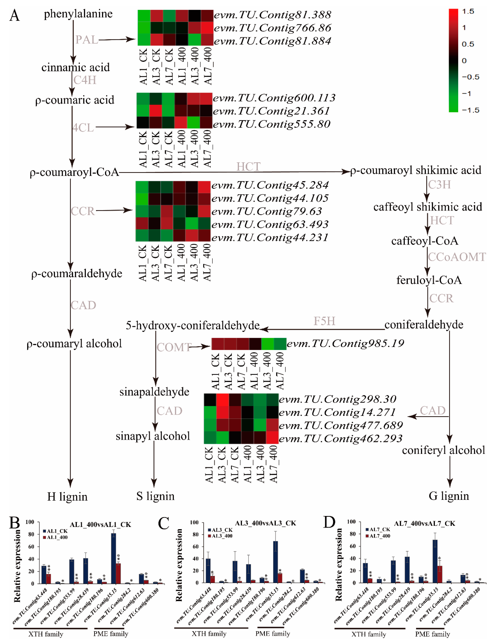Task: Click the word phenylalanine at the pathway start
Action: click(x=78, y=14)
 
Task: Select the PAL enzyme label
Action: click(x=87, y=40)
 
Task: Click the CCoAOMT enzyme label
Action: click(x=457, y=257)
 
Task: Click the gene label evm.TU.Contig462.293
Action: click(x=340, y=439)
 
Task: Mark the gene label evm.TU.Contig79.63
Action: click(x=266, y=211)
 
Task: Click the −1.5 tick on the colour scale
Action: click(x=470, y=110)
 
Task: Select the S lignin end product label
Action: click(x=155, y=496)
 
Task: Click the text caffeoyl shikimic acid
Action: click(x=428, y=207)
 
